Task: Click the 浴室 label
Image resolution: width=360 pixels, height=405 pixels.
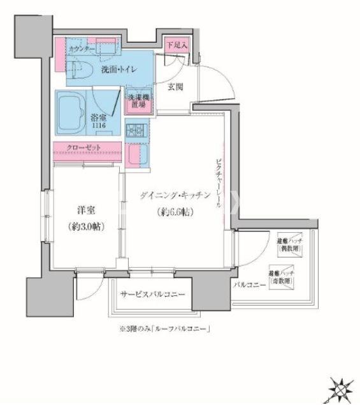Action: [x=97, y=119]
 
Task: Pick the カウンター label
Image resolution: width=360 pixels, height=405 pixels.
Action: [x=82, y=49]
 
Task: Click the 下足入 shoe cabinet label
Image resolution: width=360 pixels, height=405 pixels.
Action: [x=176, y=45]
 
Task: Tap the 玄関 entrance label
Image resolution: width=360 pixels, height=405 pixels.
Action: [x=176, y=87]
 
